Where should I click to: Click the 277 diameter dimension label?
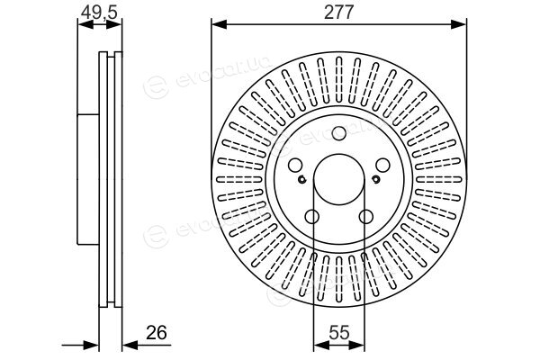[x=339, y=13]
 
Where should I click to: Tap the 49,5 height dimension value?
[x=100, y=13]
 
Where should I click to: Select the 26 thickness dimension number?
[x=157, y=332]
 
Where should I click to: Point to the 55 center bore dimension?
[x=339, y=332]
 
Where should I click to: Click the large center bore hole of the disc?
[x=339, y=179]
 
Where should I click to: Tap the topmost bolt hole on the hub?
[x=339, y=133]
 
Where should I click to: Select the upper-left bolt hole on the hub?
[x=295, y=165]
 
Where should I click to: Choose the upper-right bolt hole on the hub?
[x=382, y=165]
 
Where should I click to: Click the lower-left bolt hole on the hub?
[x=312, y=217]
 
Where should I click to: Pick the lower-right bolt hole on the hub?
[x=365, y=217]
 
